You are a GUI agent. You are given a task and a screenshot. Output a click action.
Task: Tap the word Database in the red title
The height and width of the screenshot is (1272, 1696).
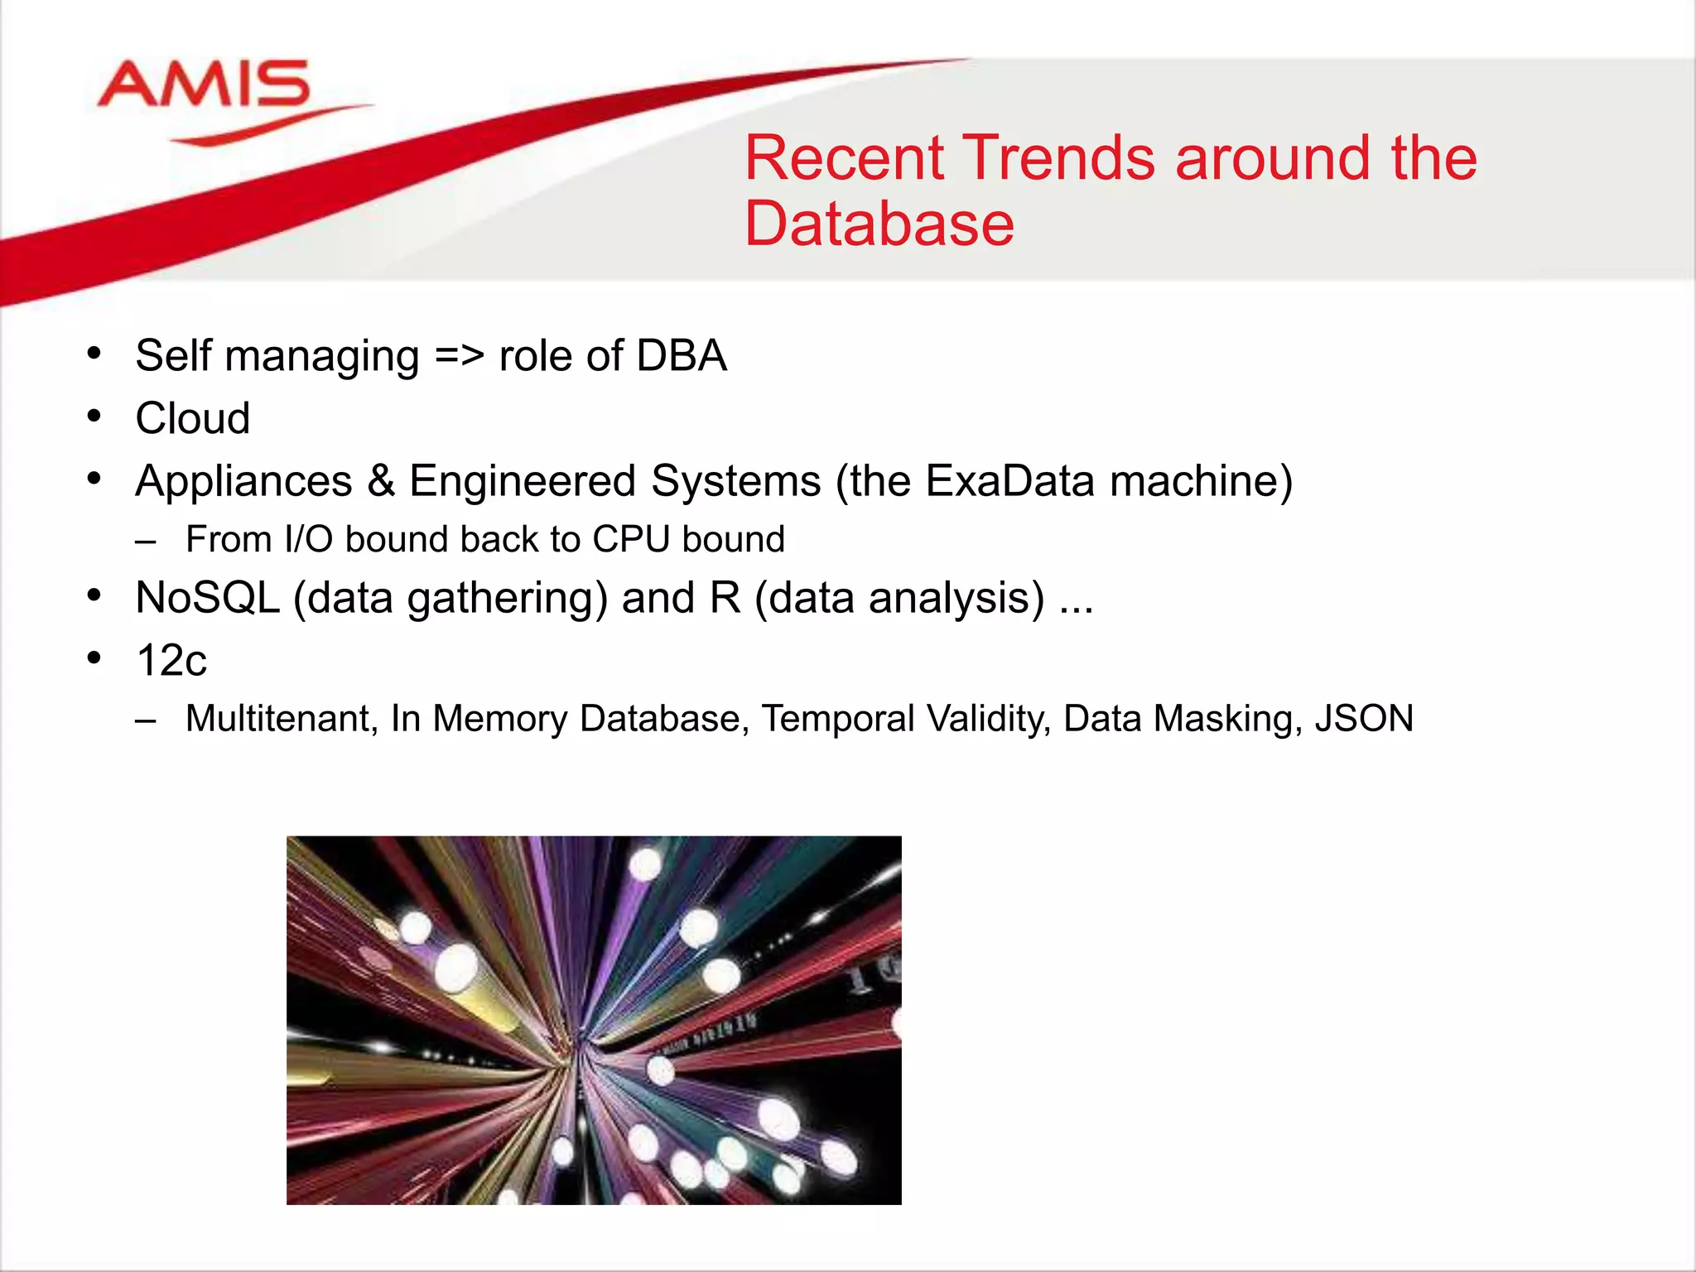(x=879, y=224)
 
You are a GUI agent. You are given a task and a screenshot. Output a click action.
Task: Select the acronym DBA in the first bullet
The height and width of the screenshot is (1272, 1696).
(x=681, y=356)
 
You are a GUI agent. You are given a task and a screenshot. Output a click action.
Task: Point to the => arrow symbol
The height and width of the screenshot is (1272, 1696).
(x=459, y=356)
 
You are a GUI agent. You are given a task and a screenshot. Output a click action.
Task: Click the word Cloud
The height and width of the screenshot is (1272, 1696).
(x=192, y=418)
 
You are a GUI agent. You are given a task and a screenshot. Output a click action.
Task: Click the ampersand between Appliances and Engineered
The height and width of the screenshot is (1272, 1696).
(x=381, y=481)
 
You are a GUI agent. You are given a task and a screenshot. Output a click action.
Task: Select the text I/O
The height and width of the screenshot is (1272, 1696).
(x=308, y=540)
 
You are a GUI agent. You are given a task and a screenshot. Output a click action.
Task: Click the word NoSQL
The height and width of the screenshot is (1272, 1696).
(x=207, y=598)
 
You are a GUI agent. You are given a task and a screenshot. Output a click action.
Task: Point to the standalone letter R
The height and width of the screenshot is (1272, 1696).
(x=725, y=598)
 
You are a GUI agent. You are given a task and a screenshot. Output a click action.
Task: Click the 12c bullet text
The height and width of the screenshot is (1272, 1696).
(x=171, y=661)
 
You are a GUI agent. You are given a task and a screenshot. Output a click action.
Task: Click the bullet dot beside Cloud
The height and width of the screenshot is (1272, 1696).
(x=94, y=417)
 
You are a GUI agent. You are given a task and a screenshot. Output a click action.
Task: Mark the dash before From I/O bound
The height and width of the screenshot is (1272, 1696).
(x=146, y=542)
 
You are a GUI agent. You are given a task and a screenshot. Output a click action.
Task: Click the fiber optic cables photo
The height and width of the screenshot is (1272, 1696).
(x=594, y=1020)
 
